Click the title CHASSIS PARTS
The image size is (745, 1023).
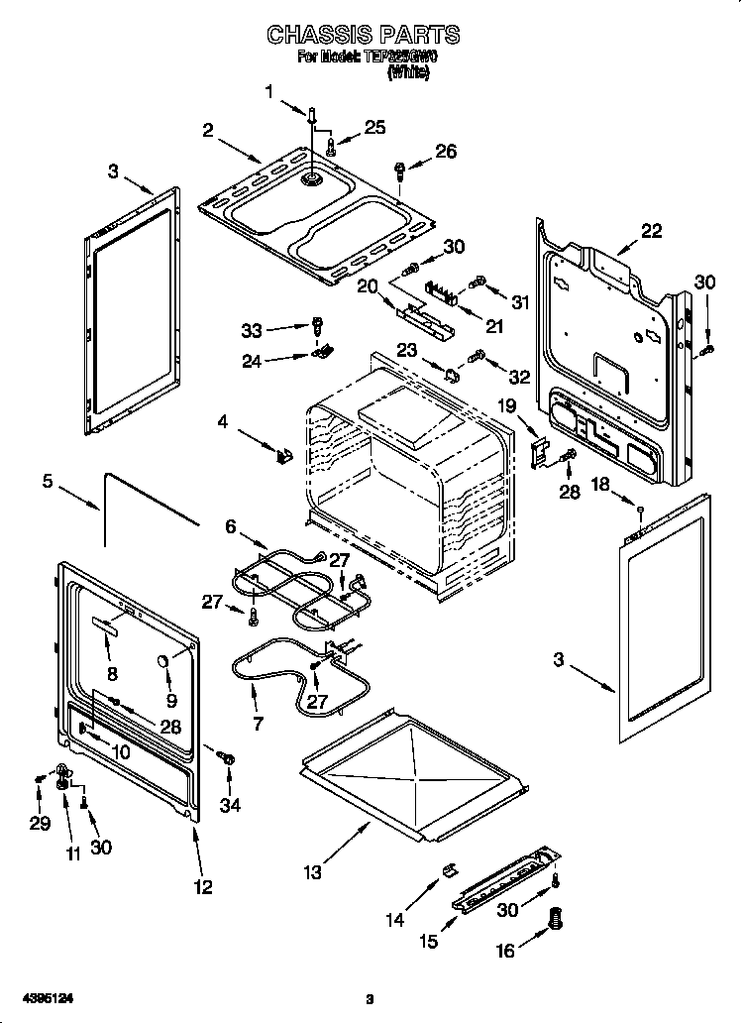pyautogui.click(x=363, y=34)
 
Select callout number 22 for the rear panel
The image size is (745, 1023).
pyautogui.click(x=650, y=230)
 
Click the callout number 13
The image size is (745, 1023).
pyautogui.click(x=313, y=872)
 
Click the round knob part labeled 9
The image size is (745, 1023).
pyautogui.click(x=162, y=662)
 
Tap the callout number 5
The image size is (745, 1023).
pyautogui.click(x=47, y=483)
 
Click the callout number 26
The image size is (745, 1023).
pyautogui.click(x=446, y=151)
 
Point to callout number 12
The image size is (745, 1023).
pyautogui.click(x=203, y=887)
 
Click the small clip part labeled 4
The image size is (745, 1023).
pyautogui.click(x=283, y=455)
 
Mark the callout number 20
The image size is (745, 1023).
pyautogui.click(x=368, y=285)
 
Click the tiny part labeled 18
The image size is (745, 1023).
pyautogui.click(x=641, y=511)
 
